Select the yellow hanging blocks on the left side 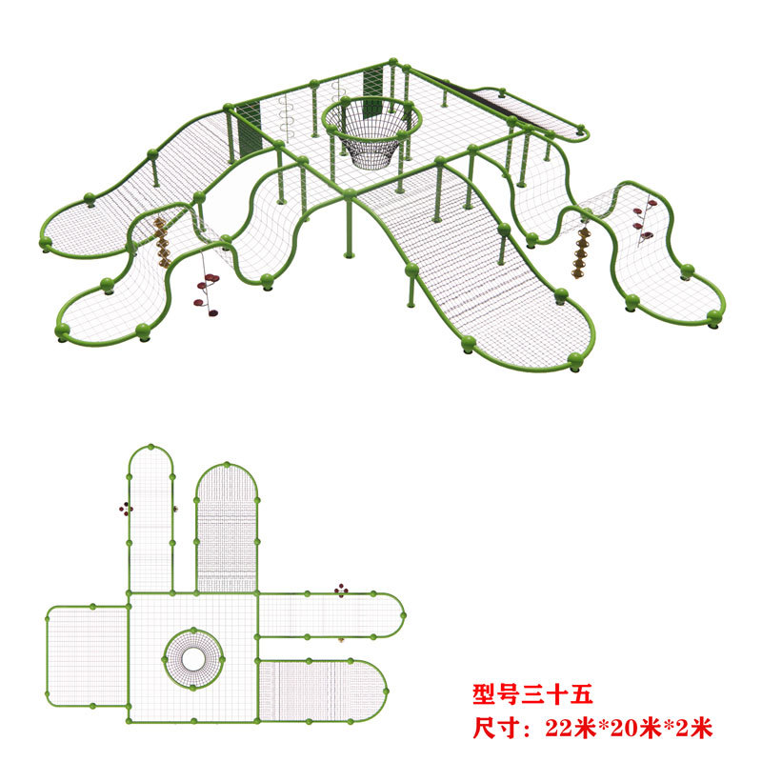(x=161, y=242)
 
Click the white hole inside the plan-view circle (x=193, y=658)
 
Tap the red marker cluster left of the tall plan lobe (x=125, y=508)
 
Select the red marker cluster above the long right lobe (x=341, y=591)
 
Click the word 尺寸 (x=496, y=729)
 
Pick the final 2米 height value (x=693, y=729)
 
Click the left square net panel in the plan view (x=87, y=656)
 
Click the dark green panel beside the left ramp (x=247, y=128)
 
